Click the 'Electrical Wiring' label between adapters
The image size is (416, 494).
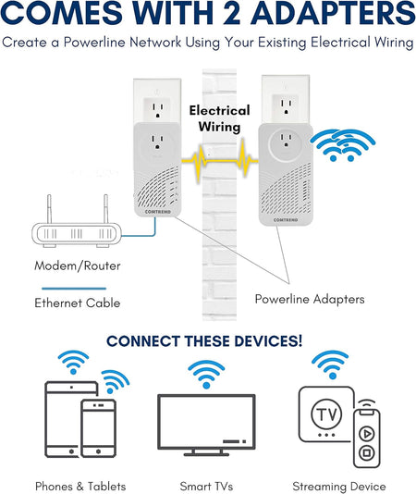(218, 118)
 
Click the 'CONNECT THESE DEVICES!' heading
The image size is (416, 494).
(203, 341)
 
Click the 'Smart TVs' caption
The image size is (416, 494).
(206, 486)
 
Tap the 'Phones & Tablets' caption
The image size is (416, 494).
(80, 486)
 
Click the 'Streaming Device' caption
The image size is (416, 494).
(338, 486)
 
